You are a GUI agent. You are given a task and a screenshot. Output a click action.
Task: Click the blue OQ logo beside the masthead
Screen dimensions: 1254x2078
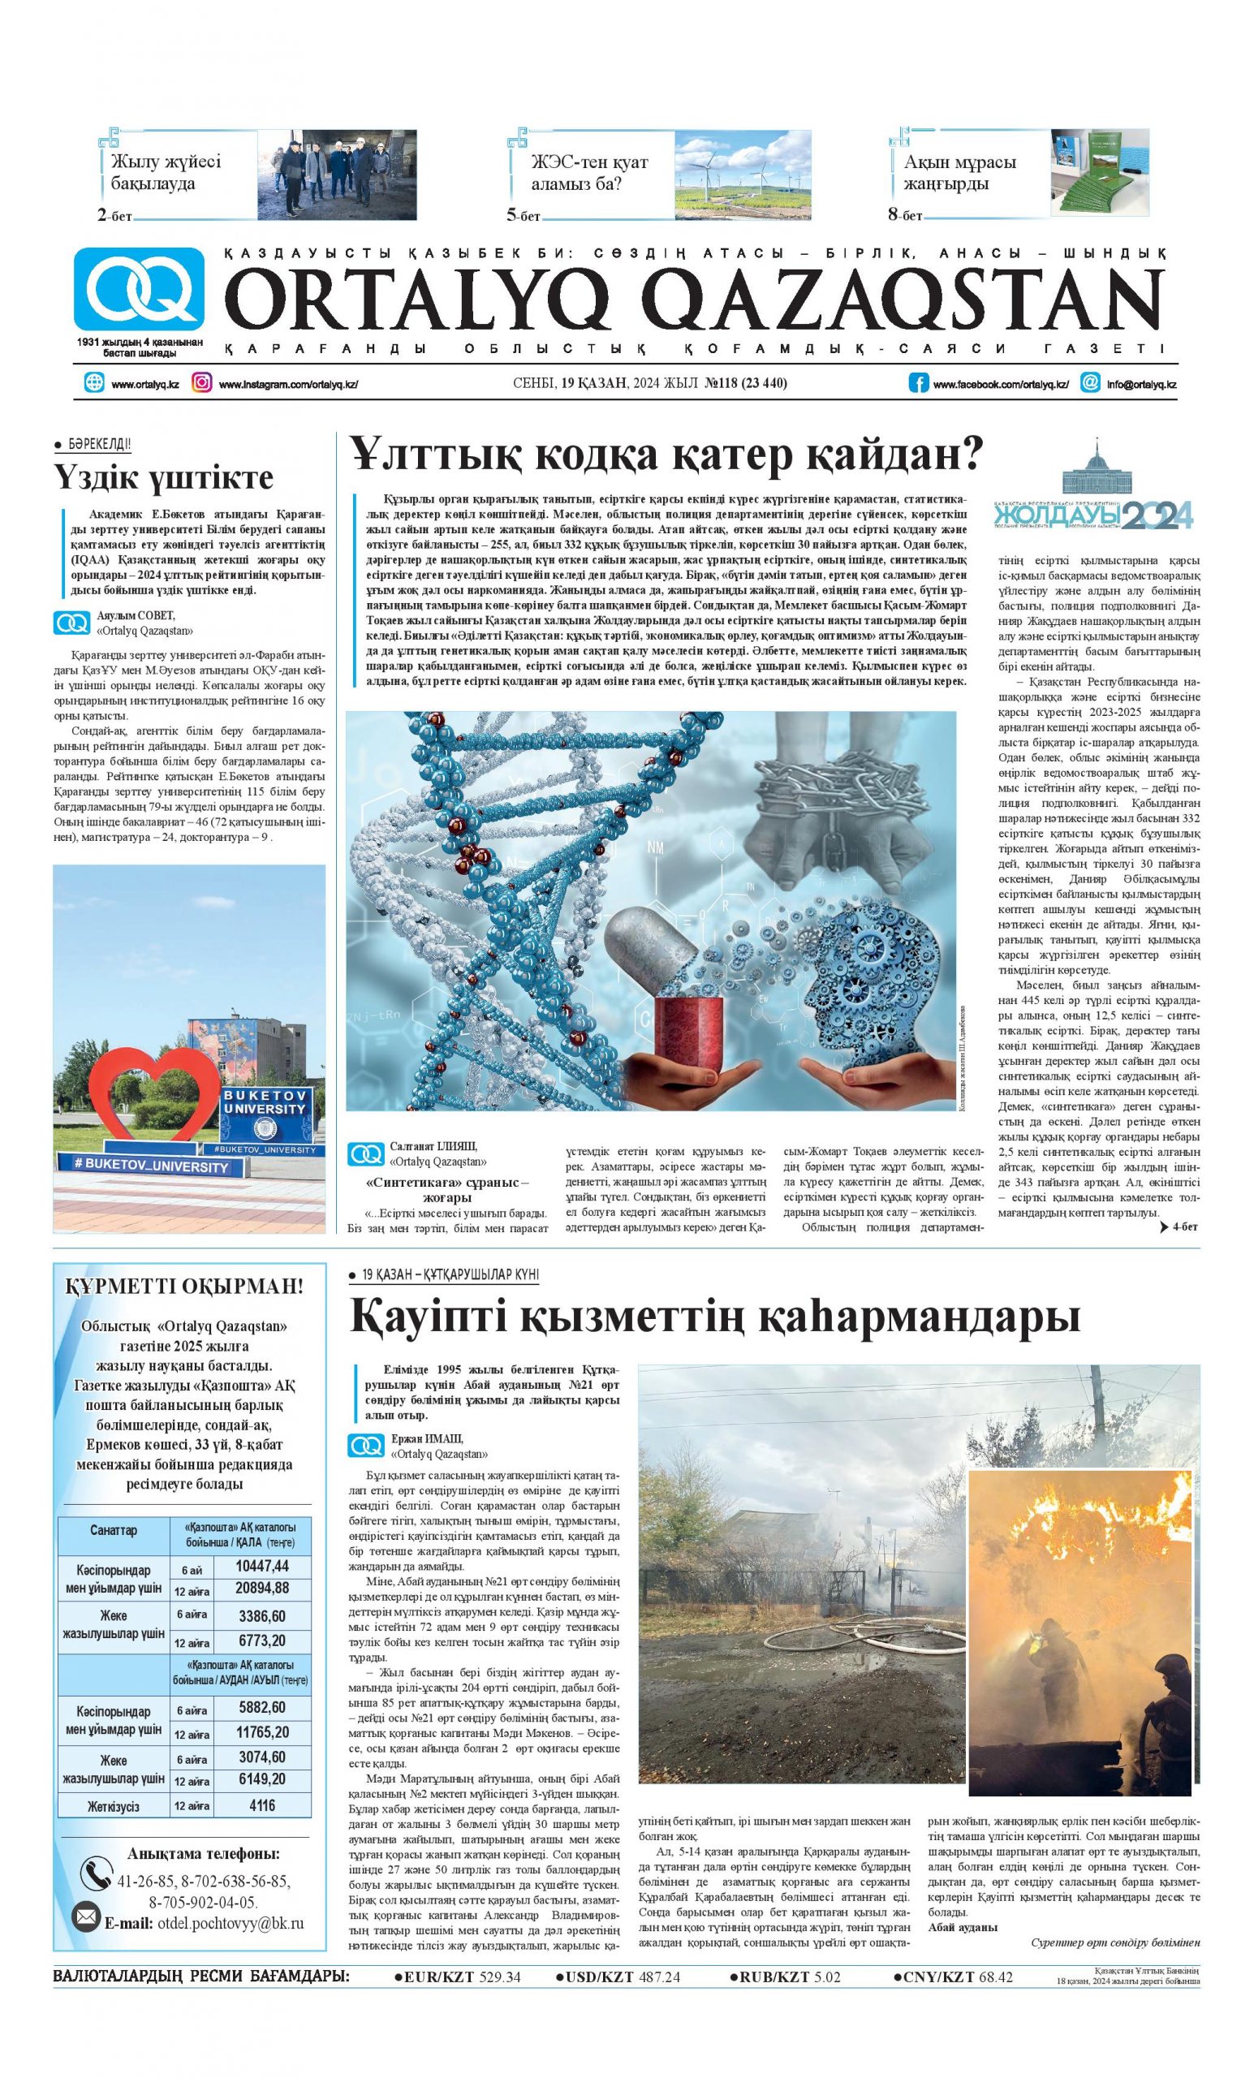[138, 288]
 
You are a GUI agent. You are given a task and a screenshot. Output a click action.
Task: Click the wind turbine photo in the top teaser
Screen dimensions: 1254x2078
[742, 175]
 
